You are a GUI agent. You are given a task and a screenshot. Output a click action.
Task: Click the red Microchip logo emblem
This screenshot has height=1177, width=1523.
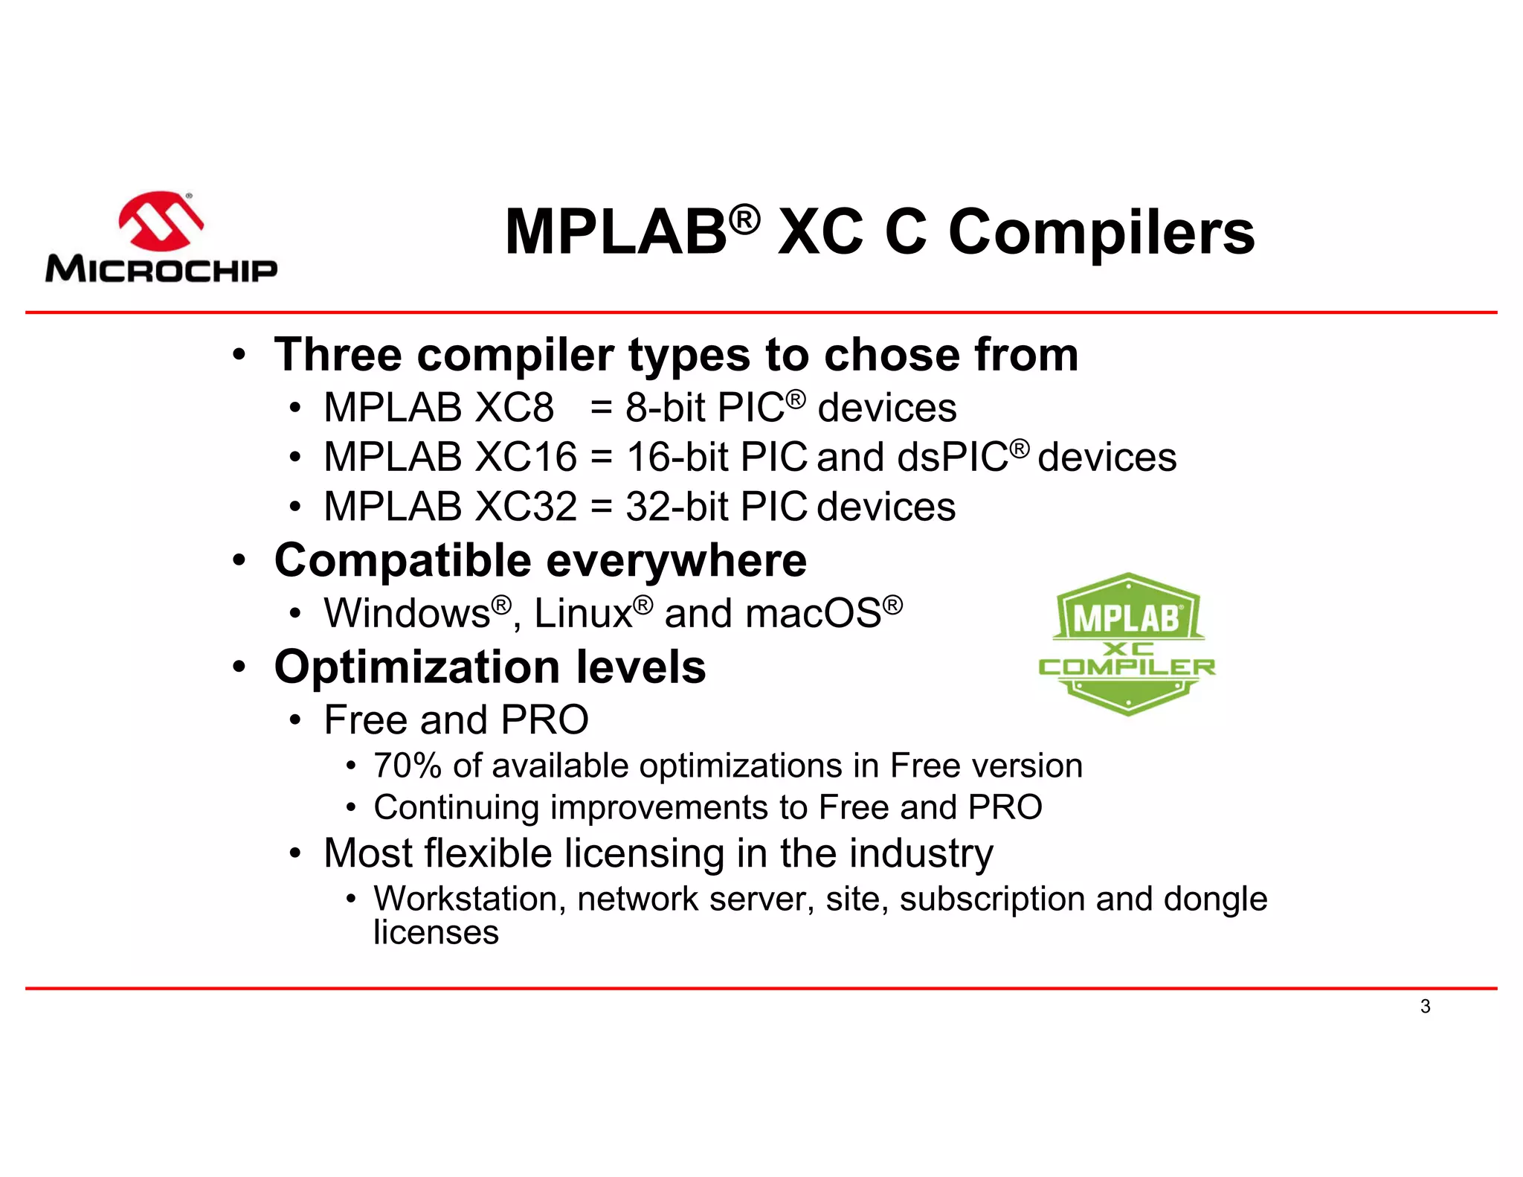pos(161,221)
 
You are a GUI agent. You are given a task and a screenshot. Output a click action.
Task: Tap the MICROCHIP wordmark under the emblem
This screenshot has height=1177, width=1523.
pos(161,269)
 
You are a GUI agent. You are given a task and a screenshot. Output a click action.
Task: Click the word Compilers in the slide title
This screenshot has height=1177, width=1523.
pos(1101,232)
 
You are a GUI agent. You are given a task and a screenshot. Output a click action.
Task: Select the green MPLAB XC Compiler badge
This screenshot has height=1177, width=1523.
pos(1127,644)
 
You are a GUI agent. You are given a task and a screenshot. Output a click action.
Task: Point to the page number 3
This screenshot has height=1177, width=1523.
pos(1425,1007)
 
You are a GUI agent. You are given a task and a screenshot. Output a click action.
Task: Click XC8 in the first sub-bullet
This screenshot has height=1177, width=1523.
pos(514,408)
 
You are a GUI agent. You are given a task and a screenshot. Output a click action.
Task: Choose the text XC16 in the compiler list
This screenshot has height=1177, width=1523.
pos(525,457)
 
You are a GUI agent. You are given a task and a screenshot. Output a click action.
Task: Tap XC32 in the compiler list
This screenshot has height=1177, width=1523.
pos(525,507)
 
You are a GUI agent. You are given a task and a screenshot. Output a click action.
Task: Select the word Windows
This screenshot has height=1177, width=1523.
pos(407,614)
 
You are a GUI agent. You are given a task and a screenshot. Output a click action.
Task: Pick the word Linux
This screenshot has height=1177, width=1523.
pos(583,614)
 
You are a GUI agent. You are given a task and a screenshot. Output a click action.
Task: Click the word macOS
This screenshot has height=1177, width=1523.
pos(813,614)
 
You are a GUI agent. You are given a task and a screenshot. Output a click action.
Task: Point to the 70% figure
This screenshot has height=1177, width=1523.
pos(407,766)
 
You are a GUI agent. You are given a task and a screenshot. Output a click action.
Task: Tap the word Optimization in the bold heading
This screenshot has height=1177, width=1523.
pos(416,667)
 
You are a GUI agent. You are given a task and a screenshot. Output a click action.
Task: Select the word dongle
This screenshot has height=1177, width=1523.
pos(1215,899)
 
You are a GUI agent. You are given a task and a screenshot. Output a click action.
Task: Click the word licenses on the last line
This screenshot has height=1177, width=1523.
pos(436,933)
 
